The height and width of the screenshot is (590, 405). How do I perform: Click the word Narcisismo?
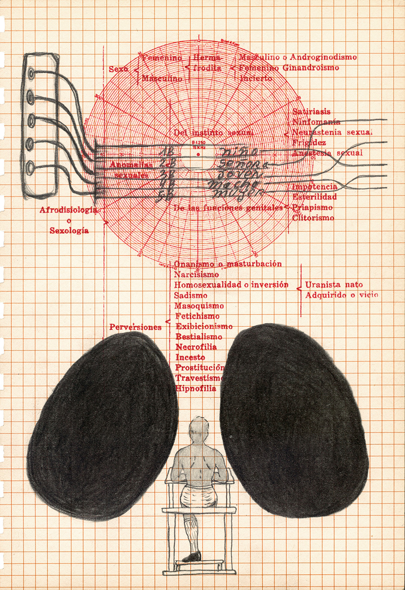(196, 275)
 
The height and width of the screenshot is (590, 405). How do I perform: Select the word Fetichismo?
(197, 316)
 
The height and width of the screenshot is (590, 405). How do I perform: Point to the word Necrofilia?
(196, 347)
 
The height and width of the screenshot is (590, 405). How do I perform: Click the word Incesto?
(190, 357)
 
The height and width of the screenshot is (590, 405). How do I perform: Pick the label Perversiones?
(135, 327)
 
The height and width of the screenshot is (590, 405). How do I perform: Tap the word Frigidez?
(309, 143)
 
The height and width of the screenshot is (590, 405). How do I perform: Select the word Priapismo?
(313, 207)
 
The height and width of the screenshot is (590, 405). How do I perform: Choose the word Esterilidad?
(314, 197)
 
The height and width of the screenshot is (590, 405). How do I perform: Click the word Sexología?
(70, 231)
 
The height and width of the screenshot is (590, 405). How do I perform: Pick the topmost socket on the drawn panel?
(31, 74)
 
